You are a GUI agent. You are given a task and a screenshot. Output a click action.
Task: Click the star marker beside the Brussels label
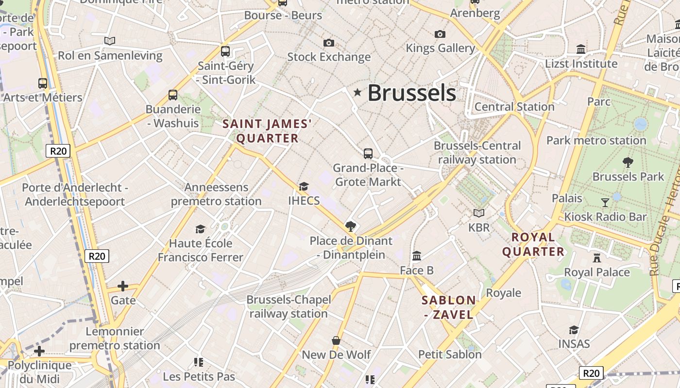point(357,92)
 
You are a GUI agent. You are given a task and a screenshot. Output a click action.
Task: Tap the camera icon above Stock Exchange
point(329,43)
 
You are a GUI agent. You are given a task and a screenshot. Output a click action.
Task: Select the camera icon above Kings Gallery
point(440,34)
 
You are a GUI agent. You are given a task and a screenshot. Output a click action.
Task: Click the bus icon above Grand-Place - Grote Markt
point(368,154)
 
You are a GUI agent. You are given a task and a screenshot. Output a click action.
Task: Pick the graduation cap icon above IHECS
point(304,186)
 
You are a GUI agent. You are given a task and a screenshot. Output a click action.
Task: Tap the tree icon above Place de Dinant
point(350,226)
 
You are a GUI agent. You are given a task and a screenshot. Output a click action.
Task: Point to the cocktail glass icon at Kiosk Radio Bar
point(605,202)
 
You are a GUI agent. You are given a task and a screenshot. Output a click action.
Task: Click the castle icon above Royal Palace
point(597,258)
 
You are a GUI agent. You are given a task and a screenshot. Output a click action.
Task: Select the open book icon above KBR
point(479,213)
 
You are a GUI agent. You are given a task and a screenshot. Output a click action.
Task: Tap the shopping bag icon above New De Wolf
point(336,340)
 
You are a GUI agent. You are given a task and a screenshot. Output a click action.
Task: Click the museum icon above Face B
point(417,256)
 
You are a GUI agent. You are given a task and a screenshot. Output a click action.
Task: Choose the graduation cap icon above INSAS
point(574,330)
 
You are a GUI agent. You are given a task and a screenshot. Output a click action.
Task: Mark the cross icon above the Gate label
point(123,286)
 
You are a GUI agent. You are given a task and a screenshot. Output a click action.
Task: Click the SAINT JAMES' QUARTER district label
point(267,131)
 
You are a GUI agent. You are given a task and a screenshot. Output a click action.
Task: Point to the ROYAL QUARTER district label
point(533,244)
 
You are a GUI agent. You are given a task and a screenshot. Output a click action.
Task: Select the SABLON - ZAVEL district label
point(448,307)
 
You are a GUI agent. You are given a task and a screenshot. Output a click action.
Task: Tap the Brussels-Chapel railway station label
point(289,307)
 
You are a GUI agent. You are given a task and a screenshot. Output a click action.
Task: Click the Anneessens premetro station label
point(216,194)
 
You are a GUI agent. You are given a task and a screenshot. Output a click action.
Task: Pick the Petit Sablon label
point(450,355)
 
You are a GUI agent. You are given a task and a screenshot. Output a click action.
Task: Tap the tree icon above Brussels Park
point(628,162)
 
